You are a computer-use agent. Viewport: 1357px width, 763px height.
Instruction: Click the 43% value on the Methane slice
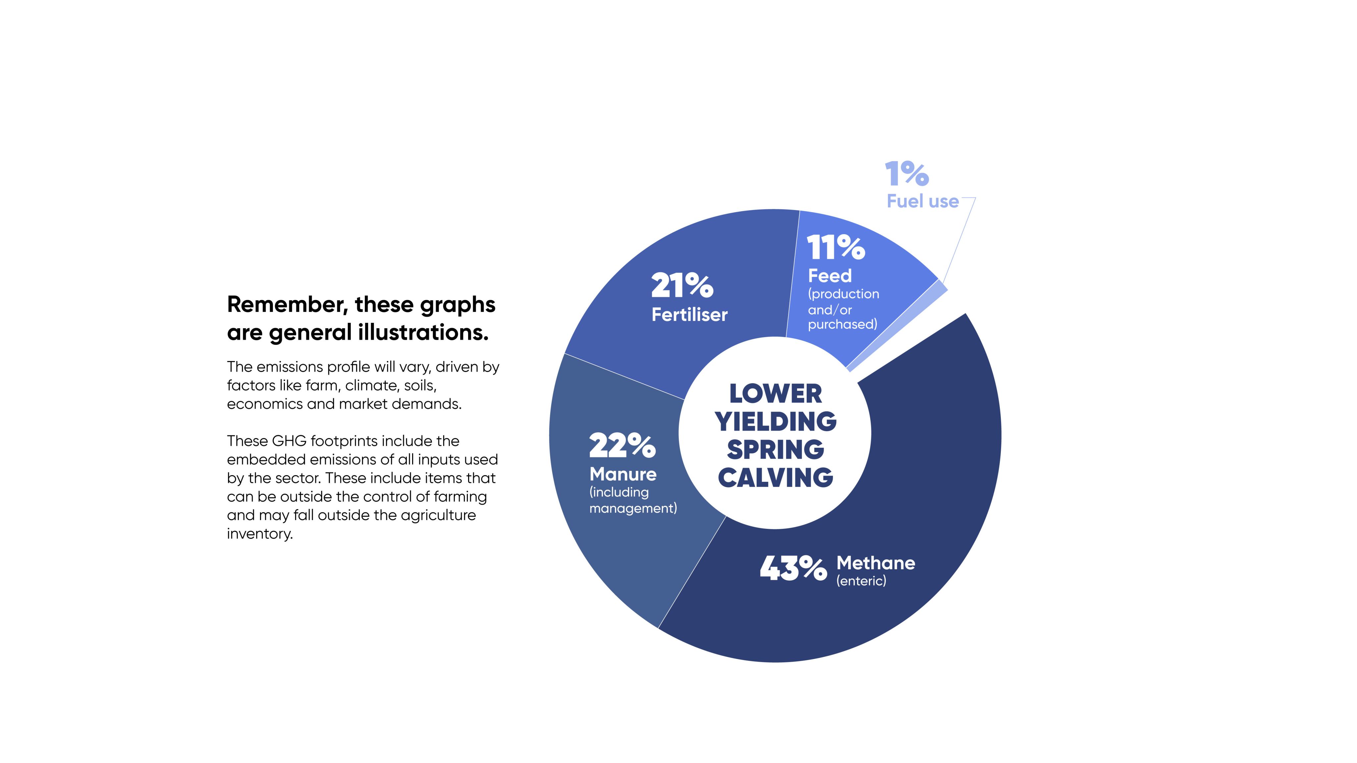point(793,569)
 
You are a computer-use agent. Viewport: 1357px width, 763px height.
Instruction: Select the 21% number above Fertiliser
point(682,285)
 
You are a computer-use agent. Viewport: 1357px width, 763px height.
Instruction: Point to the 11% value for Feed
point(836,247)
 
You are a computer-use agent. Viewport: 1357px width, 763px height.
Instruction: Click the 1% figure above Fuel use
point(906,174)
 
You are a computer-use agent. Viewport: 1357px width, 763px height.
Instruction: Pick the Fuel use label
point(922,201)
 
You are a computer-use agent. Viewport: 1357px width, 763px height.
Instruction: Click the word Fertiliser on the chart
point(689,315)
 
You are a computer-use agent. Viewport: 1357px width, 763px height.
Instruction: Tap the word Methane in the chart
point(876,563)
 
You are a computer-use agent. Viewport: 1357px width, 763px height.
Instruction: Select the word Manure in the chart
point(623,475)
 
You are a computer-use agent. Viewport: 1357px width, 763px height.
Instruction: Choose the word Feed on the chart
point(830,276)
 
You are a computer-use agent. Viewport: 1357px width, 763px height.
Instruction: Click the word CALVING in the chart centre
point(775,478)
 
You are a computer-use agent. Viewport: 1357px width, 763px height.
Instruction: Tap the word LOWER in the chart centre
point(775,394)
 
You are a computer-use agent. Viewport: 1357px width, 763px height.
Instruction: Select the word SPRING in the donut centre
point(775,450)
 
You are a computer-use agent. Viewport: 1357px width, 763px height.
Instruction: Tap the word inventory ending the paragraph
point(259,534)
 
